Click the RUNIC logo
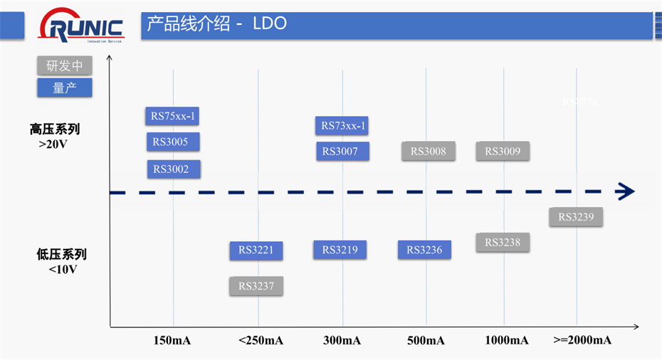coord(83,28)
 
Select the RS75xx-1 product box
coord(172,115)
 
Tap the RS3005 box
coord(172,142)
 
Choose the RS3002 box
coord(172,169)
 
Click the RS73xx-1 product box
coord(342,126)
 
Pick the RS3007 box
coord(342,151)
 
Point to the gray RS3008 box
coord(428,151)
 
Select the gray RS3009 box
coord(503,151)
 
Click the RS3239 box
coord(576,217)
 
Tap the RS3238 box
coord(503,243)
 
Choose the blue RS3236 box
coord(424,250)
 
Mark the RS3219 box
coord(340,250)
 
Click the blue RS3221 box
coord(256,250)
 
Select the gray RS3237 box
coord(256,286)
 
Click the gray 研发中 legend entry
coord(65,66)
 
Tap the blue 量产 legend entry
coord(65,88)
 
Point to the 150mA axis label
coord(172,340)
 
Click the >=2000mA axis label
coord(582,340)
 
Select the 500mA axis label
coord(426,340)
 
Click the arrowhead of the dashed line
coord(626,191)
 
